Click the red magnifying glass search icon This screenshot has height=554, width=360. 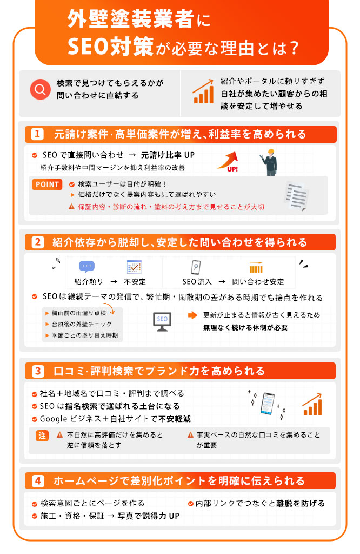click(x=40, y=89)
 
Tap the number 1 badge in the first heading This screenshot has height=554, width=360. click(x=37, y=134)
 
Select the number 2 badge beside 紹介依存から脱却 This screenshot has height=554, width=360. click(x=37, y=242)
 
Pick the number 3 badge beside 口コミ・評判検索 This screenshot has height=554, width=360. click(x=37, y=371)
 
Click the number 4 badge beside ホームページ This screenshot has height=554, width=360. click(x=37, y=481)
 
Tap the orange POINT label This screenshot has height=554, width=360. click(x=47, y=184)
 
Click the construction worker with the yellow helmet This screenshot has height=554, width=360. click(x=269, y=162)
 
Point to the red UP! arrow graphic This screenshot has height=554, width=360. click(x=228, y=162)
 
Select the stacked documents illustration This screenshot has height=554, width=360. click(x=296, y=196)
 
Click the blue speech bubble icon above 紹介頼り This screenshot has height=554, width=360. click(x=86, y=267)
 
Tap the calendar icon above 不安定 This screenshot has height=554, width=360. click(x=134, y=267)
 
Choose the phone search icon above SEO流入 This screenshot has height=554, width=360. click(x=196, y=267)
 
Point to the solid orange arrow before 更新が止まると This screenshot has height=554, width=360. click(x=193, y=315)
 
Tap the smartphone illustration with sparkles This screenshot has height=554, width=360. click(x=268, y=404)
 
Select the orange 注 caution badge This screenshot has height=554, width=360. click(x=42, y=436)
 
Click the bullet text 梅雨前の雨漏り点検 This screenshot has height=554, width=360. click(x=79, y=313)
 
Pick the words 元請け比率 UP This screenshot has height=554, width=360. click(x=168, y=155)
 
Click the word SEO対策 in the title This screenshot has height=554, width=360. click(x=110, y=47)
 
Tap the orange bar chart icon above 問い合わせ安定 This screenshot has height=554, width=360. click(x=256, y=267)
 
